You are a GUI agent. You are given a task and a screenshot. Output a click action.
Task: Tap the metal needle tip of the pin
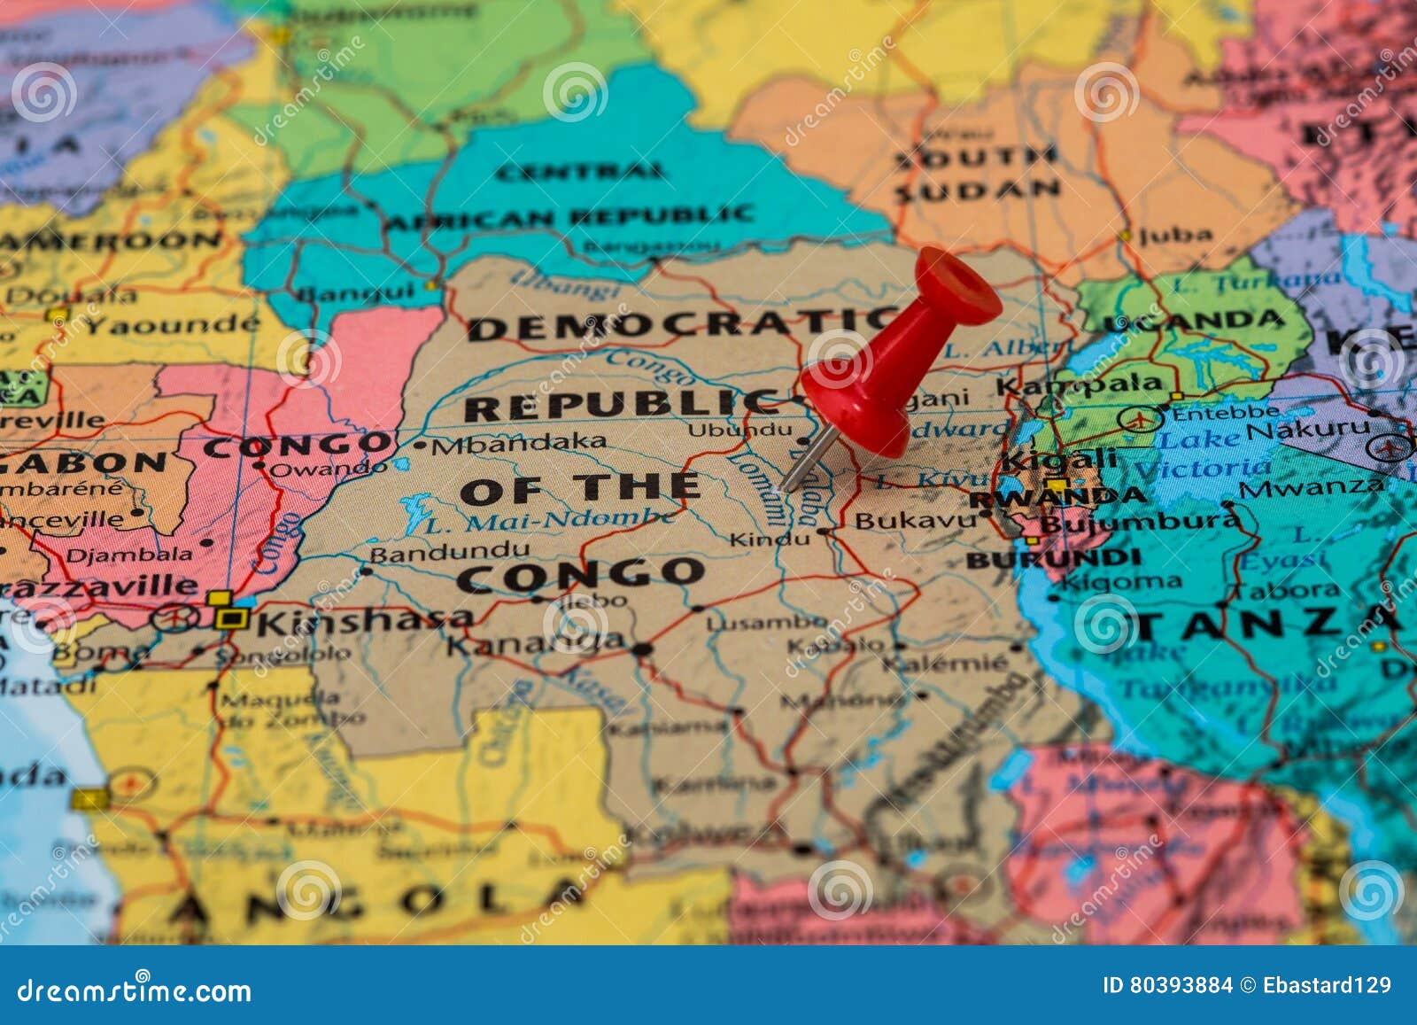click(785, 486)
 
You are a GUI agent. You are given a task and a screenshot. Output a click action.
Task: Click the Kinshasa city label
click(363, 620)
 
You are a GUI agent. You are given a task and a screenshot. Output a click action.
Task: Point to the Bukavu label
click(914, 521)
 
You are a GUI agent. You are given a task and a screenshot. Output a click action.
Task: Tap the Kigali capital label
click(1058, 460)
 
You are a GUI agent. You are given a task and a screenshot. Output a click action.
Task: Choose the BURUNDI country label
click(1053, 559)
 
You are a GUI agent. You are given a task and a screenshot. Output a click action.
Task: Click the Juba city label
click(1175, 236)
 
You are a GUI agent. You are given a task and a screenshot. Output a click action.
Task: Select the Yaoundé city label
click(173, 325)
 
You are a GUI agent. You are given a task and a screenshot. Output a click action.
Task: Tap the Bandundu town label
click(449, 553)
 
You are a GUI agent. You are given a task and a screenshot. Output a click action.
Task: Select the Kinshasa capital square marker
click(232, 617)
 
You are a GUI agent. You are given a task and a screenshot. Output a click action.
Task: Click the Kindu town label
click(769, 539)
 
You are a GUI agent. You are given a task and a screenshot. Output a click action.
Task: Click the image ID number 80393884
click(1180, 985)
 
